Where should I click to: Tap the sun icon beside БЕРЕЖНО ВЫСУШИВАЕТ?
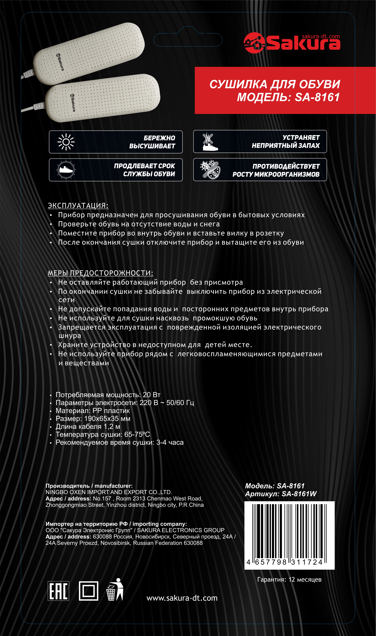66,142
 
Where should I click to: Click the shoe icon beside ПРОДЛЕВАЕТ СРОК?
66,170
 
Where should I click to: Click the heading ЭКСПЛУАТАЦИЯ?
78,205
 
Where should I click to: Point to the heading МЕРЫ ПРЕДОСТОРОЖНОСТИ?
100,273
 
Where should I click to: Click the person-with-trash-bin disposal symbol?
115,590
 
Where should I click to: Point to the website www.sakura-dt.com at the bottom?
182,598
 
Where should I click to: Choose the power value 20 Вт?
151,395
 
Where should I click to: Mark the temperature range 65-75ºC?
137,435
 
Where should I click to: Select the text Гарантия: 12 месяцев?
289,579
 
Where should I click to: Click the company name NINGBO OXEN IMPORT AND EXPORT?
109,492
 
